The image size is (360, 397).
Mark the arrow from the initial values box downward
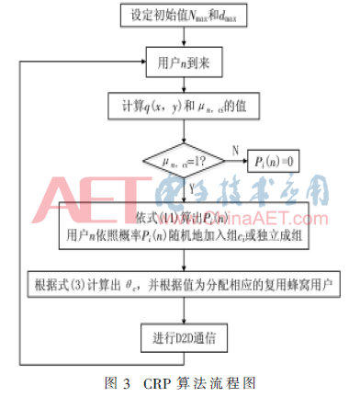click(179, 41)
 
